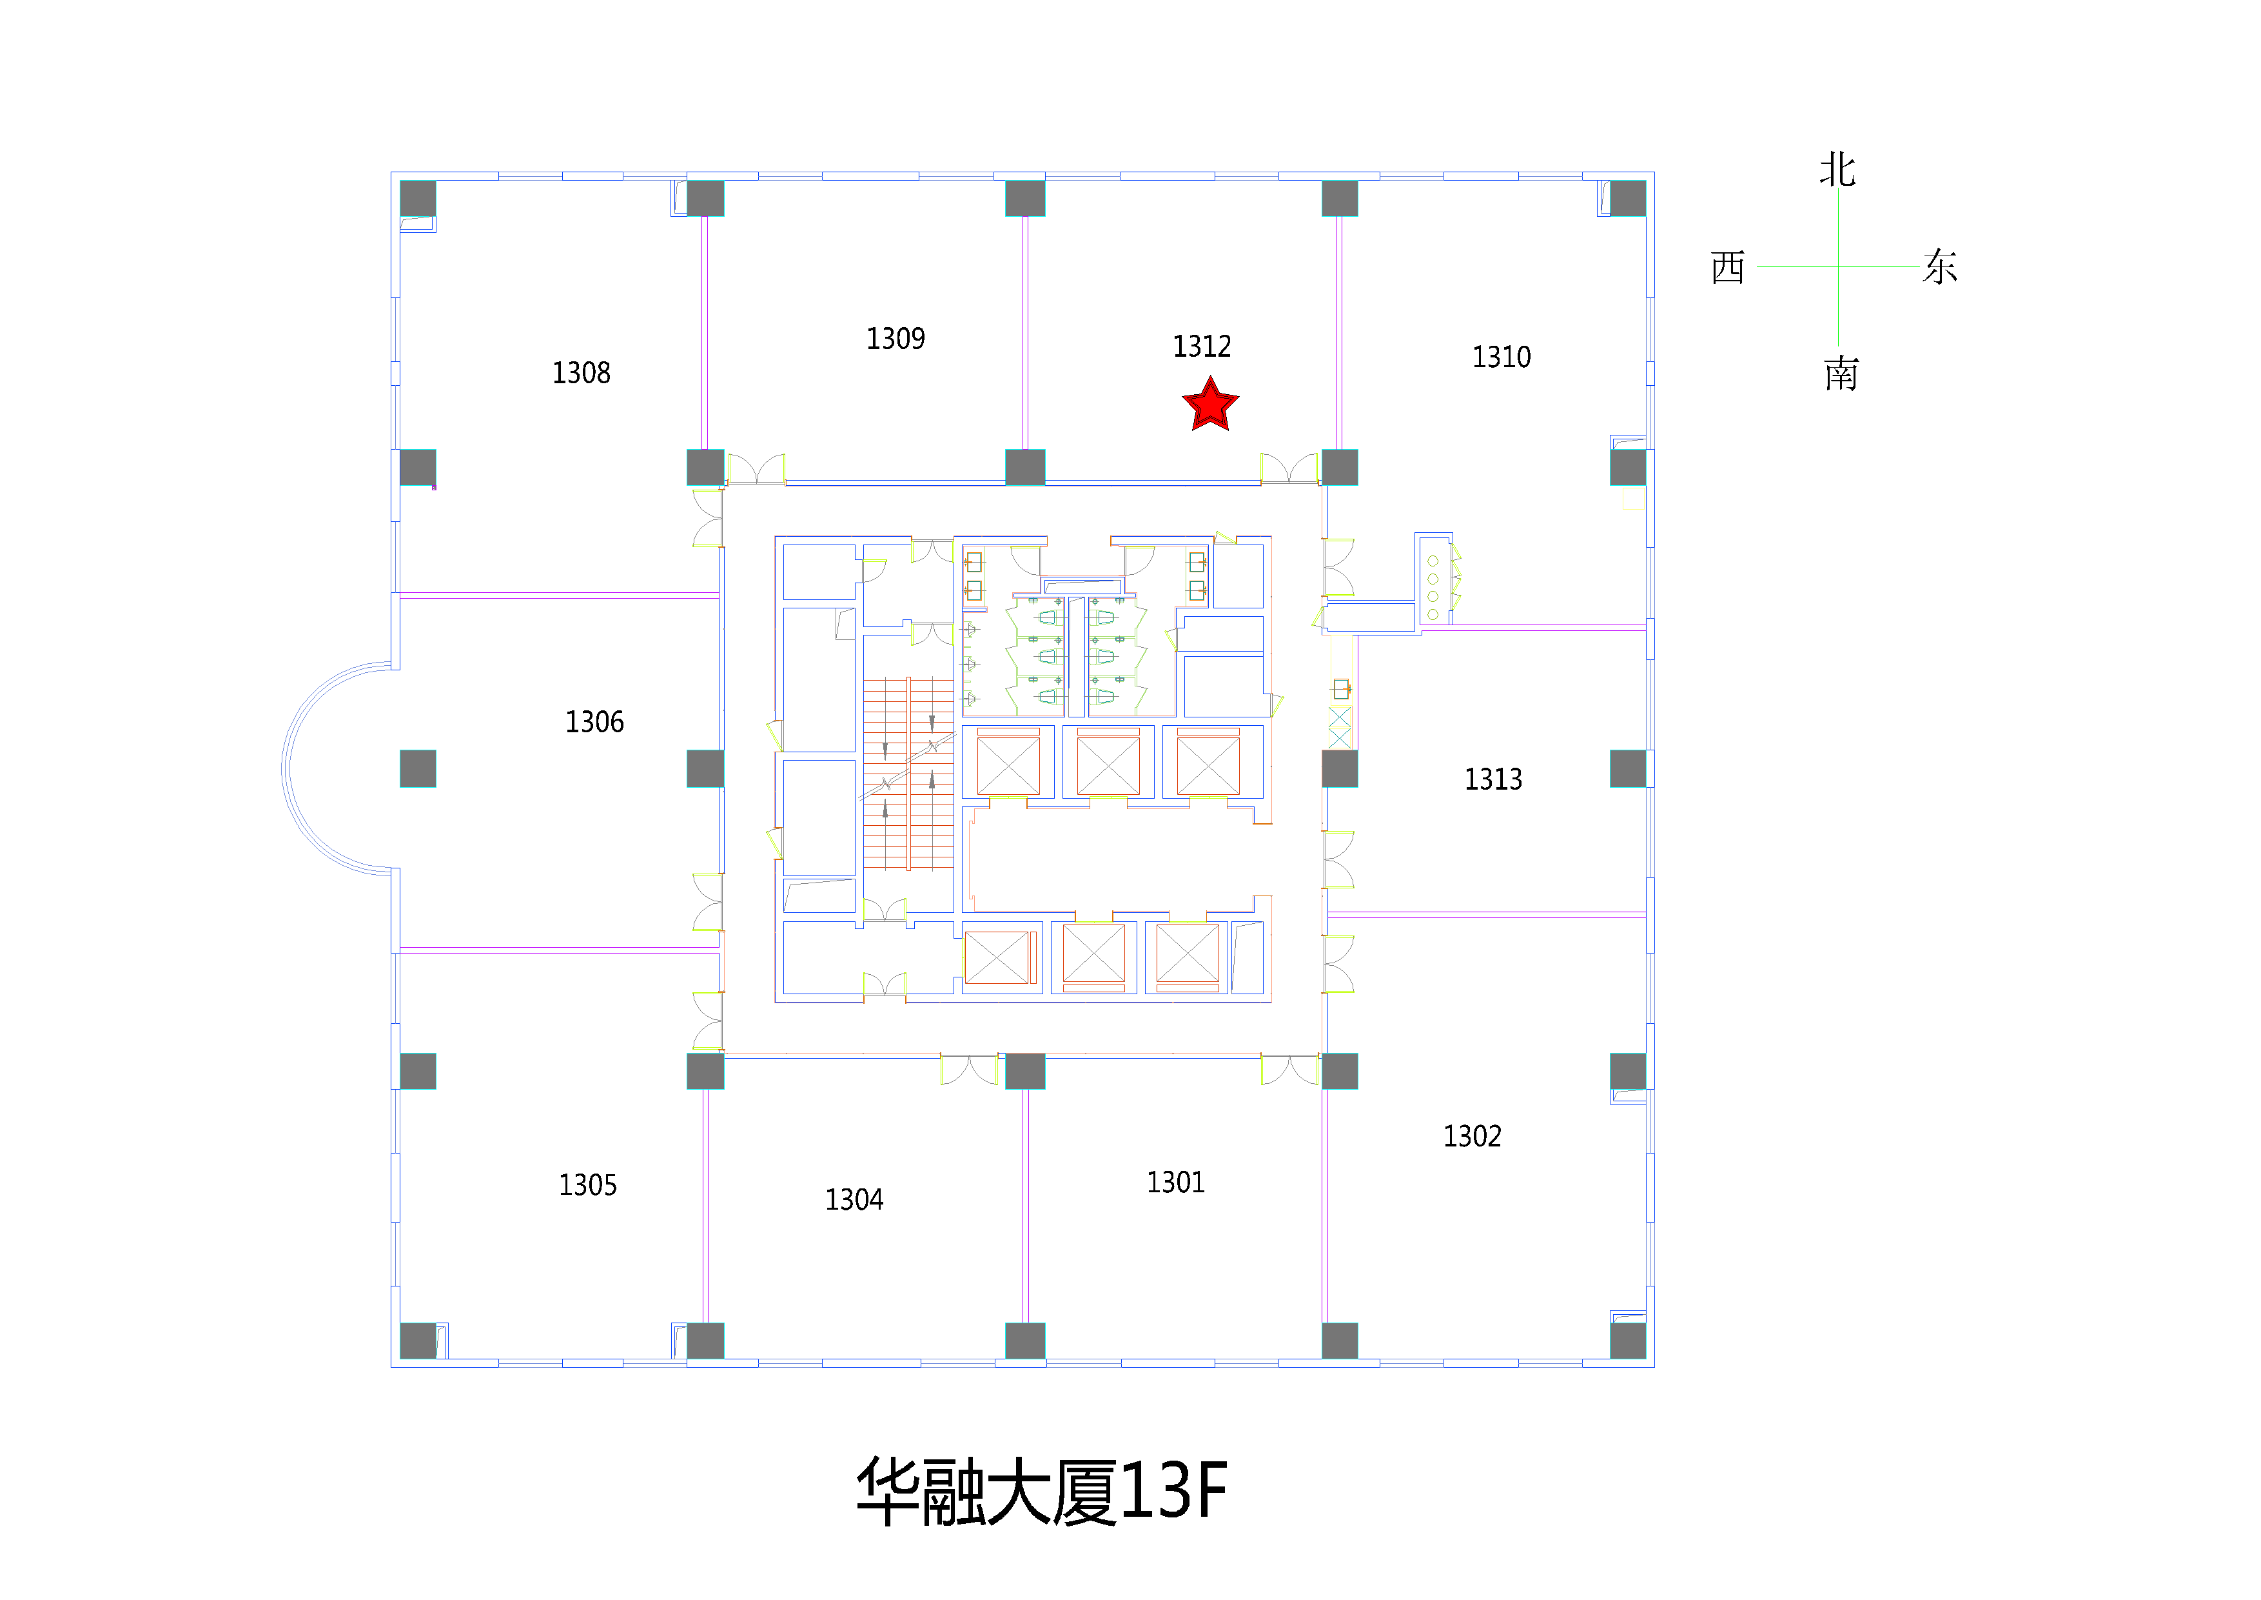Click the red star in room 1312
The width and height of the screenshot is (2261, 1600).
click(x=1209, y=405)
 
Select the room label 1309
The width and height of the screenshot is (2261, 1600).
click(x=895, y=339)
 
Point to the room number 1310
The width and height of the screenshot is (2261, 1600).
click(x=1501, y=357)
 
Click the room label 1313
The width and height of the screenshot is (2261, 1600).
click(x=1493, y=779)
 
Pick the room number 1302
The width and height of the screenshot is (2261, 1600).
click(x=1473, y=1136)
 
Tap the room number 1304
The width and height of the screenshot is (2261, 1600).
click(x=854, y=1199)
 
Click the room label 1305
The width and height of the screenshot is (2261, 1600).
click(x=588, y=1185)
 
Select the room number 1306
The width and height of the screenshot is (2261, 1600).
click(x=594, y=722)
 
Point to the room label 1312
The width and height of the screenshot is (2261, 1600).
click(x=1201, y=346)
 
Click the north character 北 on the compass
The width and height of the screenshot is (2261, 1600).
click(x=1837, y=170)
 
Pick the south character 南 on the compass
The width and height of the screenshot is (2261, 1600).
click(x=1841, y=374)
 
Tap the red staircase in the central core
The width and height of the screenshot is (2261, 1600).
click(x=908, y=774)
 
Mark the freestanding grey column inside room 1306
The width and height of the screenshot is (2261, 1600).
click(x=418, y=768)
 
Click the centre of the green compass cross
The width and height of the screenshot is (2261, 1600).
click(x=1837, y=266)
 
